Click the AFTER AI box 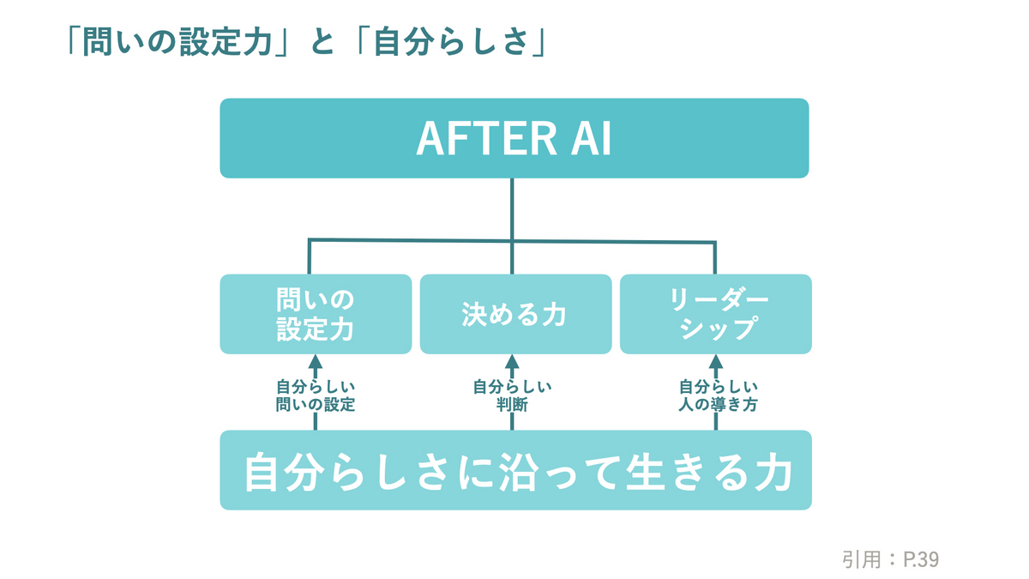click(x=514, y=138)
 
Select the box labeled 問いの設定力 click(x=316, y=314)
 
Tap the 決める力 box click(x=515, y=314)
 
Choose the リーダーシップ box click(x=716, y=314)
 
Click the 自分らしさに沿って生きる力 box click(x=515, y=470)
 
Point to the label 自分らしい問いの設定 click(x=316, y=395)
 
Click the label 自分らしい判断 click(x=512, y=395)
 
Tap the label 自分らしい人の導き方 click(x=718, y=395)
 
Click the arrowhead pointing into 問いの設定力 click(x=316, y=362)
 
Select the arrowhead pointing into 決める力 click(x=512, y=362)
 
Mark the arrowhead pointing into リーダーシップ click(x=716, y=362)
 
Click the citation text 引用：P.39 click(x=890, y=559)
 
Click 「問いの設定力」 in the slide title click(x=179, y=42)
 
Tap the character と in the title click(x=323, y=42)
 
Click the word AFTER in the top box click(x=486, y=139)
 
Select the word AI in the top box click(x=591, y=139)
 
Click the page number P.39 click(x=921, y=559)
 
